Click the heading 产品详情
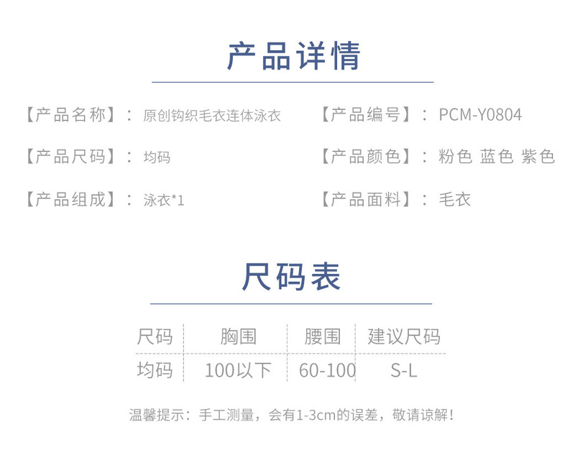293,57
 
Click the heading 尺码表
292,277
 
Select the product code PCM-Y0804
479,115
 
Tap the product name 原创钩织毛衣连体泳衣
212,116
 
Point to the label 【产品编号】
366,115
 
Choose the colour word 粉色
455,157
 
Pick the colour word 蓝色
497,157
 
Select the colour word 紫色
538,157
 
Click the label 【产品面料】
366,199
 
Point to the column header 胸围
239,336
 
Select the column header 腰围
323,336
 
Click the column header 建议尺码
404,336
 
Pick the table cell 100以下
239,371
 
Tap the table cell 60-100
328,371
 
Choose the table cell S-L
404,371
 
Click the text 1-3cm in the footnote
316,415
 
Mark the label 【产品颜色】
366,157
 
